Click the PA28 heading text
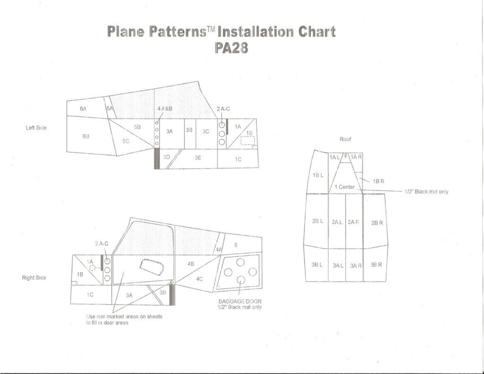coord(231,48)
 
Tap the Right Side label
coord(34,278)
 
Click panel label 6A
coord(84,108)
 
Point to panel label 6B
coord(86,136)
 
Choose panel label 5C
coord(126,140)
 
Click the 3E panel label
coord(198,159)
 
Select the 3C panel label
coord(206,131)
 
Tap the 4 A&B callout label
coord(164,108)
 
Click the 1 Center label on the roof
coord(345,186)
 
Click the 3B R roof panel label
coord(376,264)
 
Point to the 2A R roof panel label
coord(354,222)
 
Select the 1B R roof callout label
coord(379,181)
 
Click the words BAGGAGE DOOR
coord(240,301)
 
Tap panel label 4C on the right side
coord(199,279)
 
